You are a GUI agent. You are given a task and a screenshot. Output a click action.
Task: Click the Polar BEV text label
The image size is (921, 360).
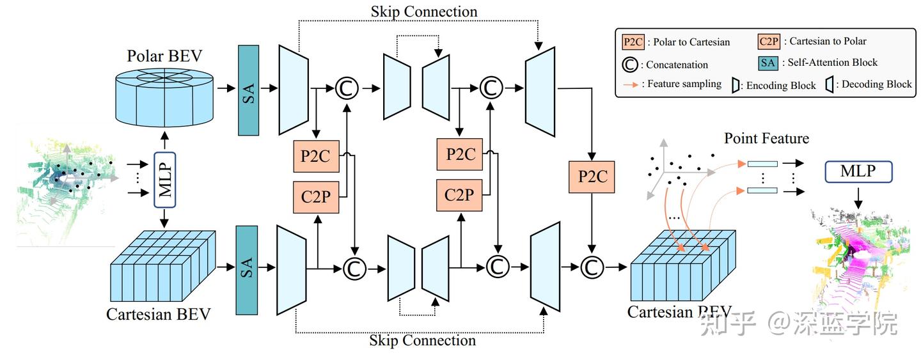(x=165, y=56)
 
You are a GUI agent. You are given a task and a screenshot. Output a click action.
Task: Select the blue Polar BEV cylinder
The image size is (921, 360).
(x=165, y=98)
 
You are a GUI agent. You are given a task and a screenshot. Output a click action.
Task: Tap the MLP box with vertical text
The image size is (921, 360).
(x=164, y=179)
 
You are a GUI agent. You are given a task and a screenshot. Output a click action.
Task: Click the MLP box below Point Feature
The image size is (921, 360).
(x=858, y=171)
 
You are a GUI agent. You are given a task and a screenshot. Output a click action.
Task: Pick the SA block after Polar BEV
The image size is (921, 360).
(x=249, y=90)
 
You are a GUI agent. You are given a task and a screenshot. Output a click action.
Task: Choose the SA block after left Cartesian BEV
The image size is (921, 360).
(x=247, y=270)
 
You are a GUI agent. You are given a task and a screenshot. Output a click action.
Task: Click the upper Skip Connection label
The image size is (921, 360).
(x=423, y=12)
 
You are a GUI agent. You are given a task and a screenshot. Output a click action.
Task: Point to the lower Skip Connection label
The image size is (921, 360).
(x=422, y=340)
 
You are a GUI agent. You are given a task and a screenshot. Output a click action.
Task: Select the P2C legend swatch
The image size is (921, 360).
(x=633, y=42)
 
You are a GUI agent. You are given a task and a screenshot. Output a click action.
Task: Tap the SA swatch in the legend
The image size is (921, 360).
(x=768, y=63)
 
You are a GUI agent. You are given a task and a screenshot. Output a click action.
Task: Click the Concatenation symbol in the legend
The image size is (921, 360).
(x=632, y=64)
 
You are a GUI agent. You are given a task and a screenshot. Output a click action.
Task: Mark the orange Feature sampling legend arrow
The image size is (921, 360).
(x=631, y=84)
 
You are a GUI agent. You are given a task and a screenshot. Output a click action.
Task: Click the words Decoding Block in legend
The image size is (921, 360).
(x=877, y=84)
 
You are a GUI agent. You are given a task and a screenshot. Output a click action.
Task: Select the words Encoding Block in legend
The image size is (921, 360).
(x=781, y=85)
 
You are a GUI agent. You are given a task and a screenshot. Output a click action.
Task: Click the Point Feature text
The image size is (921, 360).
(x=766, y=139)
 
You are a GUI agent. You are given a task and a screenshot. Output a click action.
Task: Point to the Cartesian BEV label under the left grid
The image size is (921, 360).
(x=158, y=315)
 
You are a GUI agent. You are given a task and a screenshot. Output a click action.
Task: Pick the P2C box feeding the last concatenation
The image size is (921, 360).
(x=592, y=176)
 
